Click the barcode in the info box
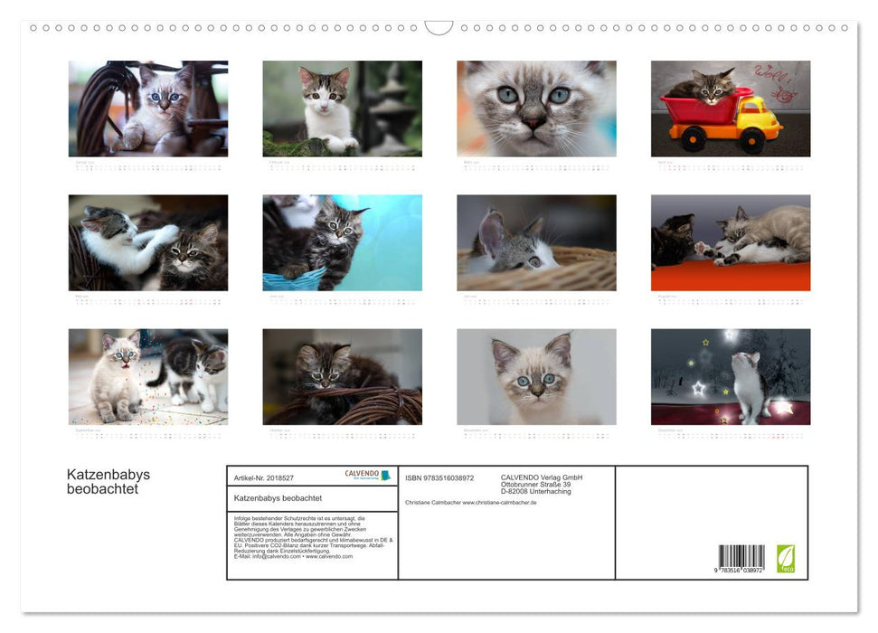pyautogui.click(x=741, y=557)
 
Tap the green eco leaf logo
pyautogui.click(x=787, y=558)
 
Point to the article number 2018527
pyautogui.click(x=277, y=477)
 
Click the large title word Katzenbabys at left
pyautogui.click(x=108, y=475)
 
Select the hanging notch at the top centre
pyautogui.click(x=439, y=28)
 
